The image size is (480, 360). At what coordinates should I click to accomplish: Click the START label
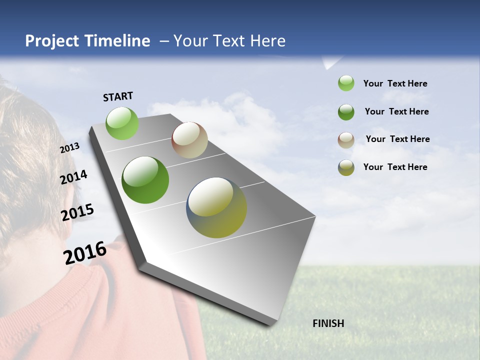coord(118,96)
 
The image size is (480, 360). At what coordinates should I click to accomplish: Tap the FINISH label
coord(328,323)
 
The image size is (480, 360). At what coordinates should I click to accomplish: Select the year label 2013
coord(69,148)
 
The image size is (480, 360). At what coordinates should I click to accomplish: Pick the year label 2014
coord(73,177)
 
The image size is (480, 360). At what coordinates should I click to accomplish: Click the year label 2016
coord(85,252)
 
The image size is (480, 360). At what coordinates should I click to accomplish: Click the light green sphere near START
coord(122,123)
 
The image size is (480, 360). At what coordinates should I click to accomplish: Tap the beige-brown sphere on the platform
coord(189,140)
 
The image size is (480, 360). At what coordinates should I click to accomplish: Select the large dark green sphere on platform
coord(145,180)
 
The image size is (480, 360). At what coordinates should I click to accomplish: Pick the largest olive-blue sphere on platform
coord(216,207)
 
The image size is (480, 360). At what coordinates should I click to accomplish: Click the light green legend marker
coord(346,83)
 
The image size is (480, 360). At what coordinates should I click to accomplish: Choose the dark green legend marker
coord(346,112)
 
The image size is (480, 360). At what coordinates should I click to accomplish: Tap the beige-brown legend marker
coord(346,140)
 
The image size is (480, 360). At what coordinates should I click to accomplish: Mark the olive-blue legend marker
coord(346,167)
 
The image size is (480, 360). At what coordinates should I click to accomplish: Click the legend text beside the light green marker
coord(395,83)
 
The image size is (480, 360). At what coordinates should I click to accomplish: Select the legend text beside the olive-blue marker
coord(395,167)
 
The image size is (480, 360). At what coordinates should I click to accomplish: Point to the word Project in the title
coord(52,41)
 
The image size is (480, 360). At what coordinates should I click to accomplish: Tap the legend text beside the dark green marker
coord(396,111)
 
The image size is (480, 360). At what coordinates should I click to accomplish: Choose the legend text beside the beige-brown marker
coord(397,139)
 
